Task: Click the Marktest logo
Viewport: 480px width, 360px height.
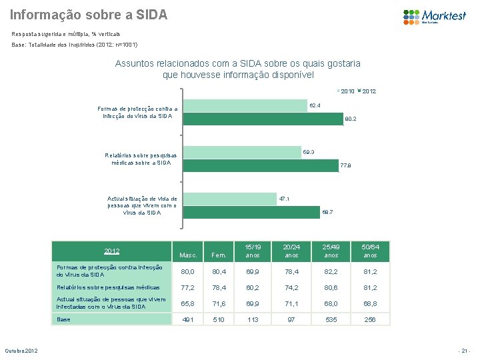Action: click(x=434, y=16)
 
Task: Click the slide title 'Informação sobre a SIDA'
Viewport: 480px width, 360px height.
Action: click(x=89, y=14)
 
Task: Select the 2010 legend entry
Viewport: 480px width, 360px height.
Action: click(x=346, y=91)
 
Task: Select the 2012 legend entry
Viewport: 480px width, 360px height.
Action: click(x=367, y=91)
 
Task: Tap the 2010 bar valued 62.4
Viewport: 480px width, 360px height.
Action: click(x=245, y=105)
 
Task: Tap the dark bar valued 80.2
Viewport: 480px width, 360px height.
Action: click(x=262, y=119)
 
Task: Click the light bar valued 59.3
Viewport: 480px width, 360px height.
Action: click(x=241, y=153)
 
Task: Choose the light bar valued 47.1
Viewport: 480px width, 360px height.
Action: click(x=229, y=199)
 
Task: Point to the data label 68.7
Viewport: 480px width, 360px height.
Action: click(x=327, y=212)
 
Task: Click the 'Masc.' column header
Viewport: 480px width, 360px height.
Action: click(x=189, y=255)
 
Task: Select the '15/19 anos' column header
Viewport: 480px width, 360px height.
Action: click(x=253, y=251)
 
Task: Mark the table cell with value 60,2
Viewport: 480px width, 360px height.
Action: click(x=253, y=287)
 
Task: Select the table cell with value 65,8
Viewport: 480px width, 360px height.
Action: click(x=189, y=303)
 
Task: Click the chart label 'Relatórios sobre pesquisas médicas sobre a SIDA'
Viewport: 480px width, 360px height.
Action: click(x=138, y=159)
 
